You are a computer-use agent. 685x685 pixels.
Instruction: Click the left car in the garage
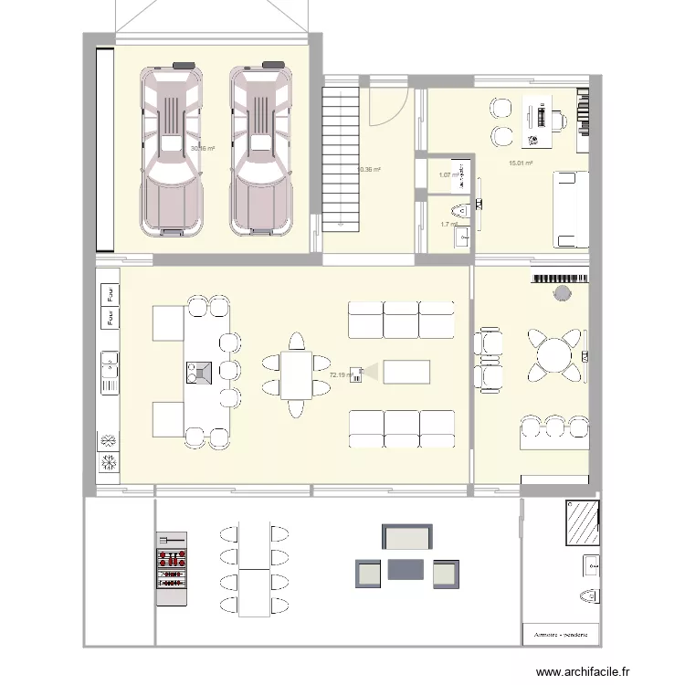171,151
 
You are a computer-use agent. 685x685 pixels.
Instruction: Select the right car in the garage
260,151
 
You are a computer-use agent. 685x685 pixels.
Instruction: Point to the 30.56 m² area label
202,148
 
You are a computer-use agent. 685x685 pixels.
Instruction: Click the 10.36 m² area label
368,169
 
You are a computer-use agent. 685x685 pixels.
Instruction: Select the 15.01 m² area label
521,164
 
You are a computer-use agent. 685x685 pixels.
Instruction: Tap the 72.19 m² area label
341,374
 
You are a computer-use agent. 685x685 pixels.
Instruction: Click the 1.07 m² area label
448,175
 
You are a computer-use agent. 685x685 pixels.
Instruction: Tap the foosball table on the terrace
171,568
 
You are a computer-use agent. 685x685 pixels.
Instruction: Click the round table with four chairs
553,352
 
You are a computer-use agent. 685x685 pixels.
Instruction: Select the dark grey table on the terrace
406,569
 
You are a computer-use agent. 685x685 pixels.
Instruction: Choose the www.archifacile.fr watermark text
584,672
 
